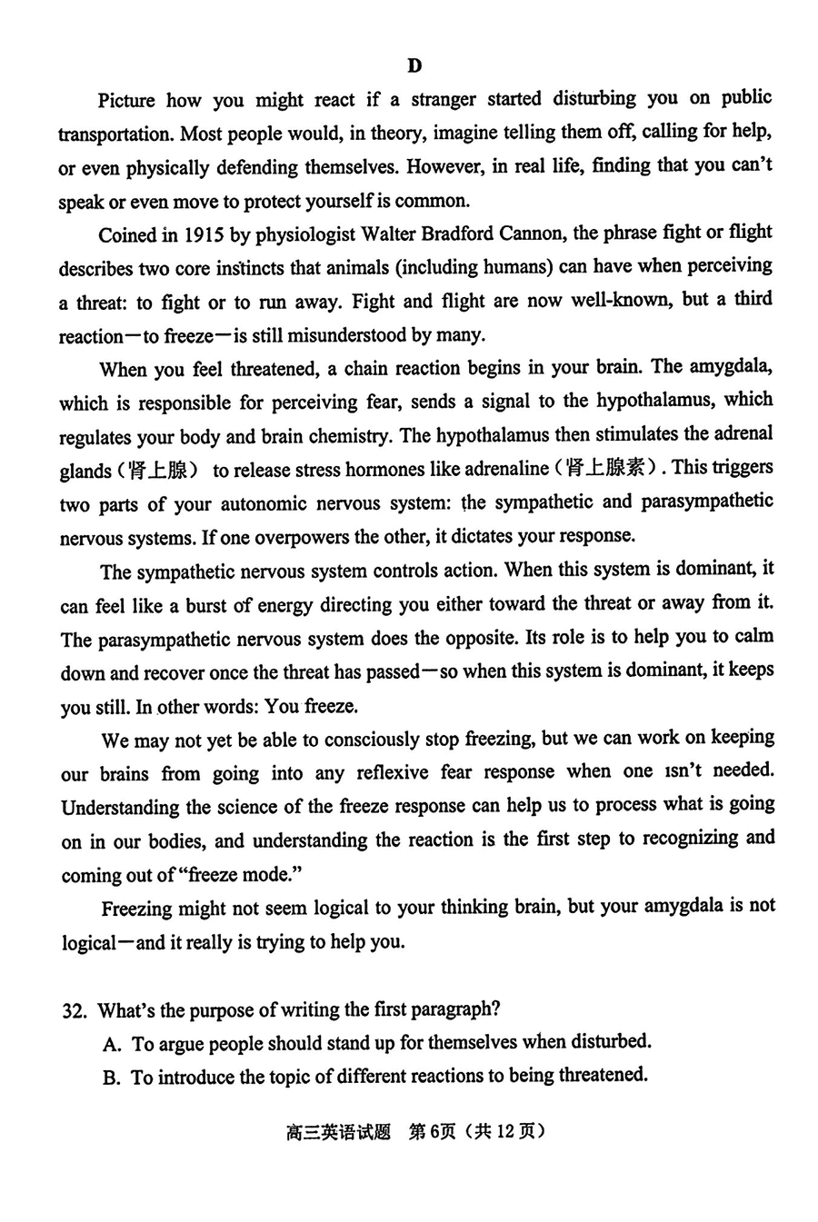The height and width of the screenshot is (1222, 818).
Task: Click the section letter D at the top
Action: [414, 65]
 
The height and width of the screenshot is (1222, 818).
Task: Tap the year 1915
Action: [197, 234]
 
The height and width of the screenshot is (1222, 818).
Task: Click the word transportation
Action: [115, 134]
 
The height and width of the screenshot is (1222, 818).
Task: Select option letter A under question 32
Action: [112, 1044]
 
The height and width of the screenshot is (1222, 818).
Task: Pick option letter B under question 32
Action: [112, 1078]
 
